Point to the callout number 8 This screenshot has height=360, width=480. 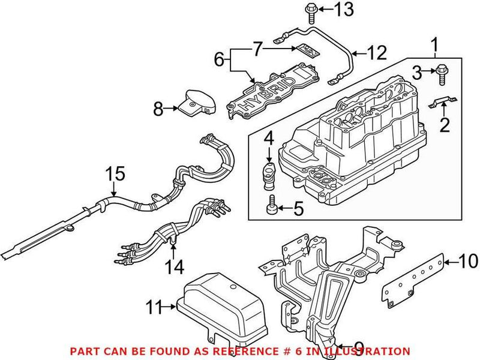point(157,109)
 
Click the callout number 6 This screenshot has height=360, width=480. point(219,60)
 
